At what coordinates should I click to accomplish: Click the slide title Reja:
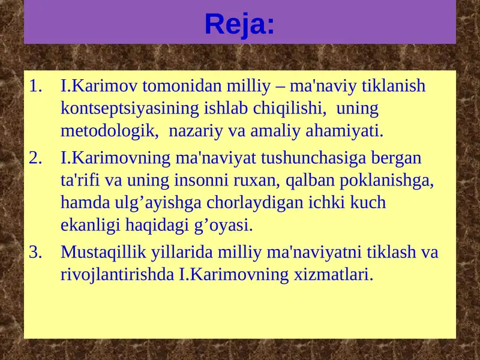(x=239, y=24)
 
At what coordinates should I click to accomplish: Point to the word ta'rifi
(x=79, y=180)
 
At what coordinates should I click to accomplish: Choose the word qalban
(x=299, y=180)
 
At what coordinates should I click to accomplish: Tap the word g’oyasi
(x=229, y=225)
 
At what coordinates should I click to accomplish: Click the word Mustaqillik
(x=101, y=252)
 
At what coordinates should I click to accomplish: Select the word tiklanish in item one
(x=394, y=86)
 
